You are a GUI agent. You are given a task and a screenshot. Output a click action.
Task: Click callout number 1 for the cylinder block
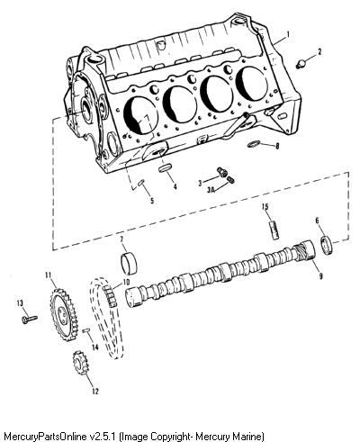(x=288, y=34)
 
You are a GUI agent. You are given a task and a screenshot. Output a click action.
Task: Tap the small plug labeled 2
(x=301, y=64)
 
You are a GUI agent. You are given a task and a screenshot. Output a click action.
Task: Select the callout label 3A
(x=211, y=190)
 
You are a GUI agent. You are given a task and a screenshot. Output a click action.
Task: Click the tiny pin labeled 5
(x=141, y=183)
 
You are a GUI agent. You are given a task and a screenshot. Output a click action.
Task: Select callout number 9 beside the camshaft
(x=321, y=275)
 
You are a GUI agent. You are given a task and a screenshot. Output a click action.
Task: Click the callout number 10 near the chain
(x=125, y=282)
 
